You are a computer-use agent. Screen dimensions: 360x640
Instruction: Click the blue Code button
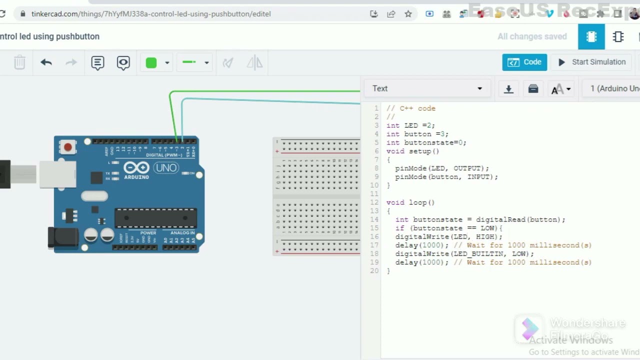524,62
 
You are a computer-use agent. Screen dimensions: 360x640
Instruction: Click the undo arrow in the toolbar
46,62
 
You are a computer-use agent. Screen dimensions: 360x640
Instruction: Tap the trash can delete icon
19,62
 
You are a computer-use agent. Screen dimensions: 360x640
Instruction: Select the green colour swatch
151,62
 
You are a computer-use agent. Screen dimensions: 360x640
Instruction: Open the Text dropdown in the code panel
427,88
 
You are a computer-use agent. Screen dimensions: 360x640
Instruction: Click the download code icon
508,89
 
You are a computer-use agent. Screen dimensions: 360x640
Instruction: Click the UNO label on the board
166,168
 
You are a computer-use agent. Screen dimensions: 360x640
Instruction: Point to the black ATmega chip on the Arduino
155,218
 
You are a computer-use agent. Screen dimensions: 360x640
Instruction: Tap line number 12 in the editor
374,202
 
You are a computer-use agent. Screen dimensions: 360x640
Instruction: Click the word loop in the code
417,202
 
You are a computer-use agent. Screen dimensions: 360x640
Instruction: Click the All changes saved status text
532,36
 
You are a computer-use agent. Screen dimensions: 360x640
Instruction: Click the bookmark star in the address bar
408,14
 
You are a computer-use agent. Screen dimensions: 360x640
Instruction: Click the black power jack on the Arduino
63,237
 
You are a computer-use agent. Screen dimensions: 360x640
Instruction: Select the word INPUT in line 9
478,176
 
